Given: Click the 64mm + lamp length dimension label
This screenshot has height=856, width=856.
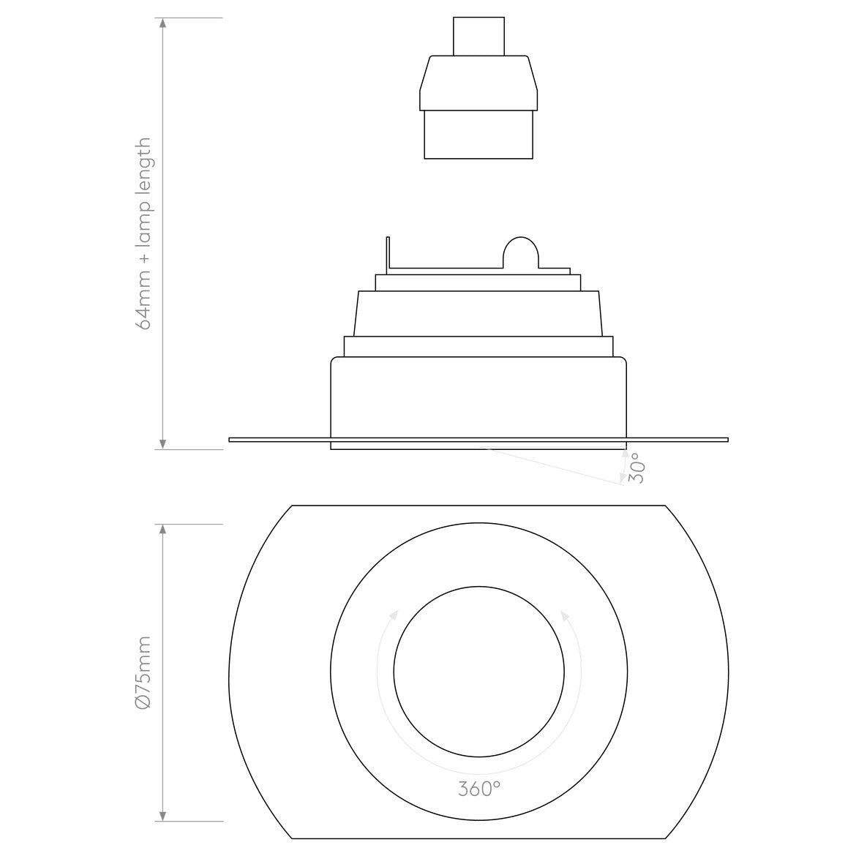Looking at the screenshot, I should point(144,233).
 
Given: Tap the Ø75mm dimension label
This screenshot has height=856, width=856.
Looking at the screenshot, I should point(144,672).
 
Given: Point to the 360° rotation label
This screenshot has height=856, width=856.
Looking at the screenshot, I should point(479,789).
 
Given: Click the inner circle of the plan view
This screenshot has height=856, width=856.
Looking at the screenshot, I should point(478,672).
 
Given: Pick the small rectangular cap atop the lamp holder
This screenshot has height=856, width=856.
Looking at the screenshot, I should point(478,36).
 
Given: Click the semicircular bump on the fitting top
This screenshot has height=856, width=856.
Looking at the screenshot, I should point(520,252).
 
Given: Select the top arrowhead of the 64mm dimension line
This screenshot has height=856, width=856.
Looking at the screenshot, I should point(162,24).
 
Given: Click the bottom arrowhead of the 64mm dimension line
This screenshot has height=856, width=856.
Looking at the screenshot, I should point(162,443).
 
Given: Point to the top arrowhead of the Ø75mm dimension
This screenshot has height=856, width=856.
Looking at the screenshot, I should point(162,530).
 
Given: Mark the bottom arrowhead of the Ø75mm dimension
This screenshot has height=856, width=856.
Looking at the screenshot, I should point(162,814).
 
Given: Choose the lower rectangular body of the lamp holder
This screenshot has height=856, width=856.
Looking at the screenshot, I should point(478,134).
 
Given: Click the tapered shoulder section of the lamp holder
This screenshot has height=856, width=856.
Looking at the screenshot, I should point(478,82).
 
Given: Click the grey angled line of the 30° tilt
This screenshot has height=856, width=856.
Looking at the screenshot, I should point(556,465).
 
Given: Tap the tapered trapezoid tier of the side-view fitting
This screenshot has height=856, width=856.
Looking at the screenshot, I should point(478,313).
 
